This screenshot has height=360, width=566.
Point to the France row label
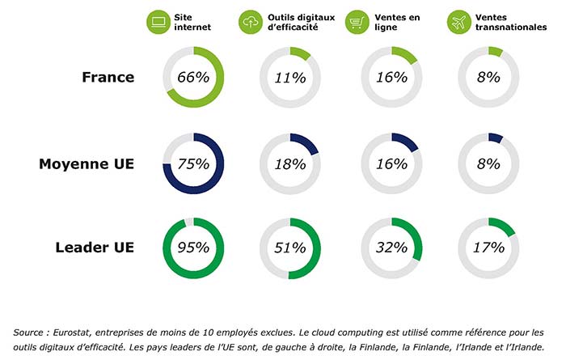coord(108,78)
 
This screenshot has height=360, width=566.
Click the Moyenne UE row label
coord(87,163)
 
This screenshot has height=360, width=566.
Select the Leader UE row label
coord(95,248)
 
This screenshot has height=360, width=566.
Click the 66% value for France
coord(193,78)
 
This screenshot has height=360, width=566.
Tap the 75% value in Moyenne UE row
coord(193,163)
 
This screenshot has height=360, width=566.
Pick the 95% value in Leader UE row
coord(193,248)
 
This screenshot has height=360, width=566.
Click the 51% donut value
coord(289,248)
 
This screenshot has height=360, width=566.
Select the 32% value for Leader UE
coord(391,248)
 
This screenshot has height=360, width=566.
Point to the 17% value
coord(488,248)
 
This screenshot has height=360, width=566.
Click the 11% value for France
coord(289,78)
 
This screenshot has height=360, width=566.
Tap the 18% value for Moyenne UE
coord(289,163)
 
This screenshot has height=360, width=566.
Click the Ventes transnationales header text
coord(509,21)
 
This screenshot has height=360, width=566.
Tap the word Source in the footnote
coord(30,332)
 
